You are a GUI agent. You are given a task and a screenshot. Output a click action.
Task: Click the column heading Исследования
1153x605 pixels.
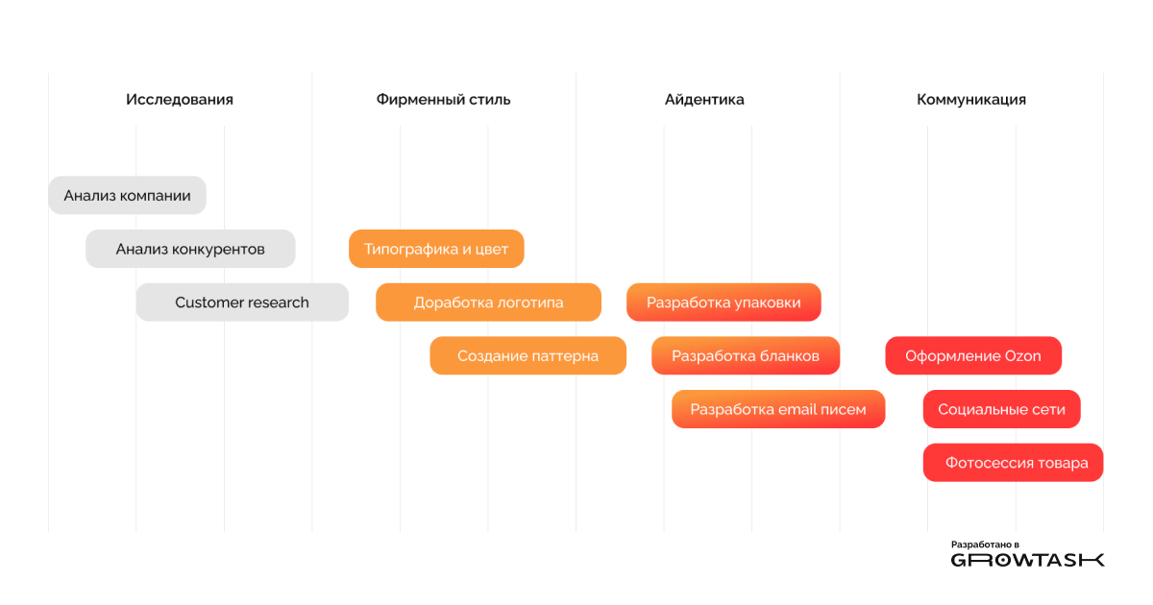point(179,99)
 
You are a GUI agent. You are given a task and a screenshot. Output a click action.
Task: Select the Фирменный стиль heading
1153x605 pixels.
point(443,99)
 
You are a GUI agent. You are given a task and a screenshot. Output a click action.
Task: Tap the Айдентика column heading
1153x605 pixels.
point(704,99)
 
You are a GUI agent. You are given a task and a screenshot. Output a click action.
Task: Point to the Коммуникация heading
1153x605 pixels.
point(971,99)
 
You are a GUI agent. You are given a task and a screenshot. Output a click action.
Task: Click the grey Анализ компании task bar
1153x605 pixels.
point(127,196)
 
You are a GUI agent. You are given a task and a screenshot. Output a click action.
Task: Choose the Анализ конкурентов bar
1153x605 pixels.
point(190,249)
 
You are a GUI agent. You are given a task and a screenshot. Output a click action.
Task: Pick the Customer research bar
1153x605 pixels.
point(242,302)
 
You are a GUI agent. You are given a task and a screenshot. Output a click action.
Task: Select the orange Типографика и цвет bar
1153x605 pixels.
point(436,249)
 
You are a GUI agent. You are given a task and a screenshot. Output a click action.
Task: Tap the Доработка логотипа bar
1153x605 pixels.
point(488,302)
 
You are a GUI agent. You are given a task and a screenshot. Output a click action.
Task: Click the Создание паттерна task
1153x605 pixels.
point(528,356)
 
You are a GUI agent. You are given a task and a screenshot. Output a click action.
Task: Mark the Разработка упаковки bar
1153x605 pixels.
point(724,302)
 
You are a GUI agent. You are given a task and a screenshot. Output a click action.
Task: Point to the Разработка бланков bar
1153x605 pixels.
point(746,356)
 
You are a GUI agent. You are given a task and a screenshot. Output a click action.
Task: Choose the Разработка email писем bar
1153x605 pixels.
point(778,409)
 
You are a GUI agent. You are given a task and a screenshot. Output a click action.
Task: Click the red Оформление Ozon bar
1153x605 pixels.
point(973,356)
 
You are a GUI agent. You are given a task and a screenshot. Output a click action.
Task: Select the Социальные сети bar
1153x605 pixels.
point(1001,409)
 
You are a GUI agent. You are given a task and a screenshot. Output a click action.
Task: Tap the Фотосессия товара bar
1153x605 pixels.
point(1013,463)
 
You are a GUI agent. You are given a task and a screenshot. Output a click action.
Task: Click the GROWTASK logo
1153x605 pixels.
point(1027,560)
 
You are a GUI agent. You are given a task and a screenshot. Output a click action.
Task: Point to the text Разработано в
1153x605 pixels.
point(985,544)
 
